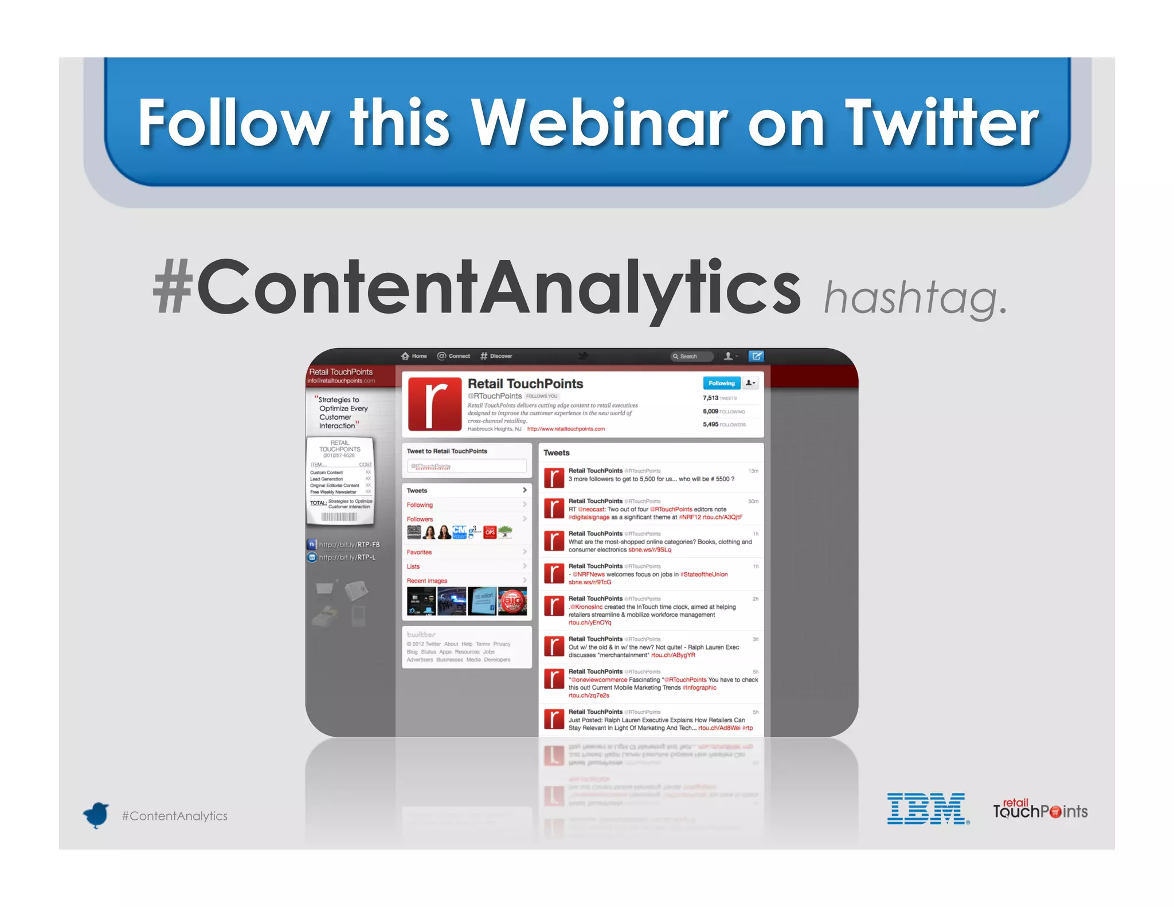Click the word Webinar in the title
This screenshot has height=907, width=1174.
tap(599, 122)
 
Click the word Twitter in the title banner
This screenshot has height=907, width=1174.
tap(941, 122)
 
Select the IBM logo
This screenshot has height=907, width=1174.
tap(927, 809)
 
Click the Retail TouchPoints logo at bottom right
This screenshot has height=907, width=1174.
tap(1040, 810)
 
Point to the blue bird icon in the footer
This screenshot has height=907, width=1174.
tap(96, 815)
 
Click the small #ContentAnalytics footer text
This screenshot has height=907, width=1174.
tap(175, 816)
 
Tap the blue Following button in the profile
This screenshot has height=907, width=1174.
tap(721, 383)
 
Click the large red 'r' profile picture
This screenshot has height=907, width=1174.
tap(435, 404)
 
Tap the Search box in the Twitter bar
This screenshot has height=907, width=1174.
tap(692, 357)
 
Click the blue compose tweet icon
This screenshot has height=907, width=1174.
tap(756, 356)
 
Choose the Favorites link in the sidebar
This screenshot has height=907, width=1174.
tap(420, 552)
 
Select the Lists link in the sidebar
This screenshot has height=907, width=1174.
tap(413, 566)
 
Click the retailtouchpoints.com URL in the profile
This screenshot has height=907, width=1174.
tap(566, 429)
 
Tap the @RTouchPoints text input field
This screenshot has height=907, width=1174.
tap(467, 466)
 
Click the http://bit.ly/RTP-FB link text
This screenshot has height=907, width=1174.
tap(349, 545)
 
